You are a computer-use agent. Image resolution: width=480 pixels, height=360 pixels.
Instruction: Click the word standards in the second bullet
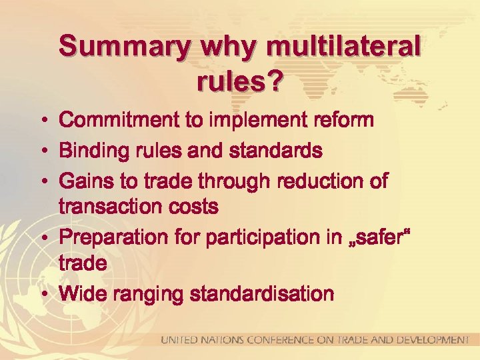(x=277, y=151)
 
